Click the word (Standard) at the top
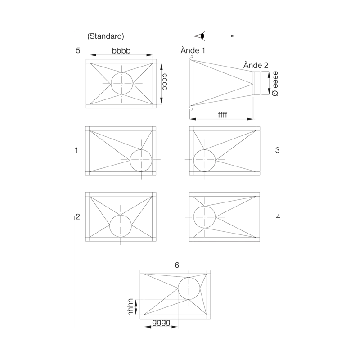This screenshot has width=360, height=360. pos(106,36)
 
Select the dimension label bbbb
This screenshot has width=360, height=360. pos(121,51)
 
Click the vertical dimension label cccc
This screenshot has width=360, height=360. pos(165,82)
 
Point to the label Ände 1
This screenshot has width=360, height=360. pos(193,50)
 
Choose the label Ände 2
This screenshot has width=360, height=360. pos(256,65)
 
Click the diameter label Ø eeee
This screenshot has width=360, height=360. pos(275,84)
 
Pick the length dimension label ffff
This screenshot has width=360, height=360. pos(222,115)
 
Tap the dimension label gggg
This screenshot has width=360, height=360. pos(162,322)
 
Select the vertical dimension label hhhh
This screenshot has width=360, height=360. pos(130,307)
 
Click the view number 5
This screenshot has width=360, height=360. pos(78,50)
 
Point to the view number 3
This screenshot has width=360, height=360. pos(277,150)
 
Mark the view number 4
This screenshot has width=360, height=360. pos(278,216)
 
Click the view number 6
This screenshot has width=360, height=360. pos(177,265)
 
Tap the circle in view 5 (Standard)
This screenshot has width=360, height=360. pos(122,72)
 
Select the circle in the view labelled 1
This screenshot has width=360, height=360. pos(141,150)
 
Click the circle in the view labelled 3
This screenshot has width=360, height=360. pos(204,150)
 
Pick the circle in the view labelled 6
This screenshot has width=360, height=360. pos(189,278)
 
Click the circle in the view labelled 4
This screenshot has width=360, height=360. pos(204,206)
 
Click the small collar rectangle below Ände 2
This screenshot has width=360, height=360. pos(256,83)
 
